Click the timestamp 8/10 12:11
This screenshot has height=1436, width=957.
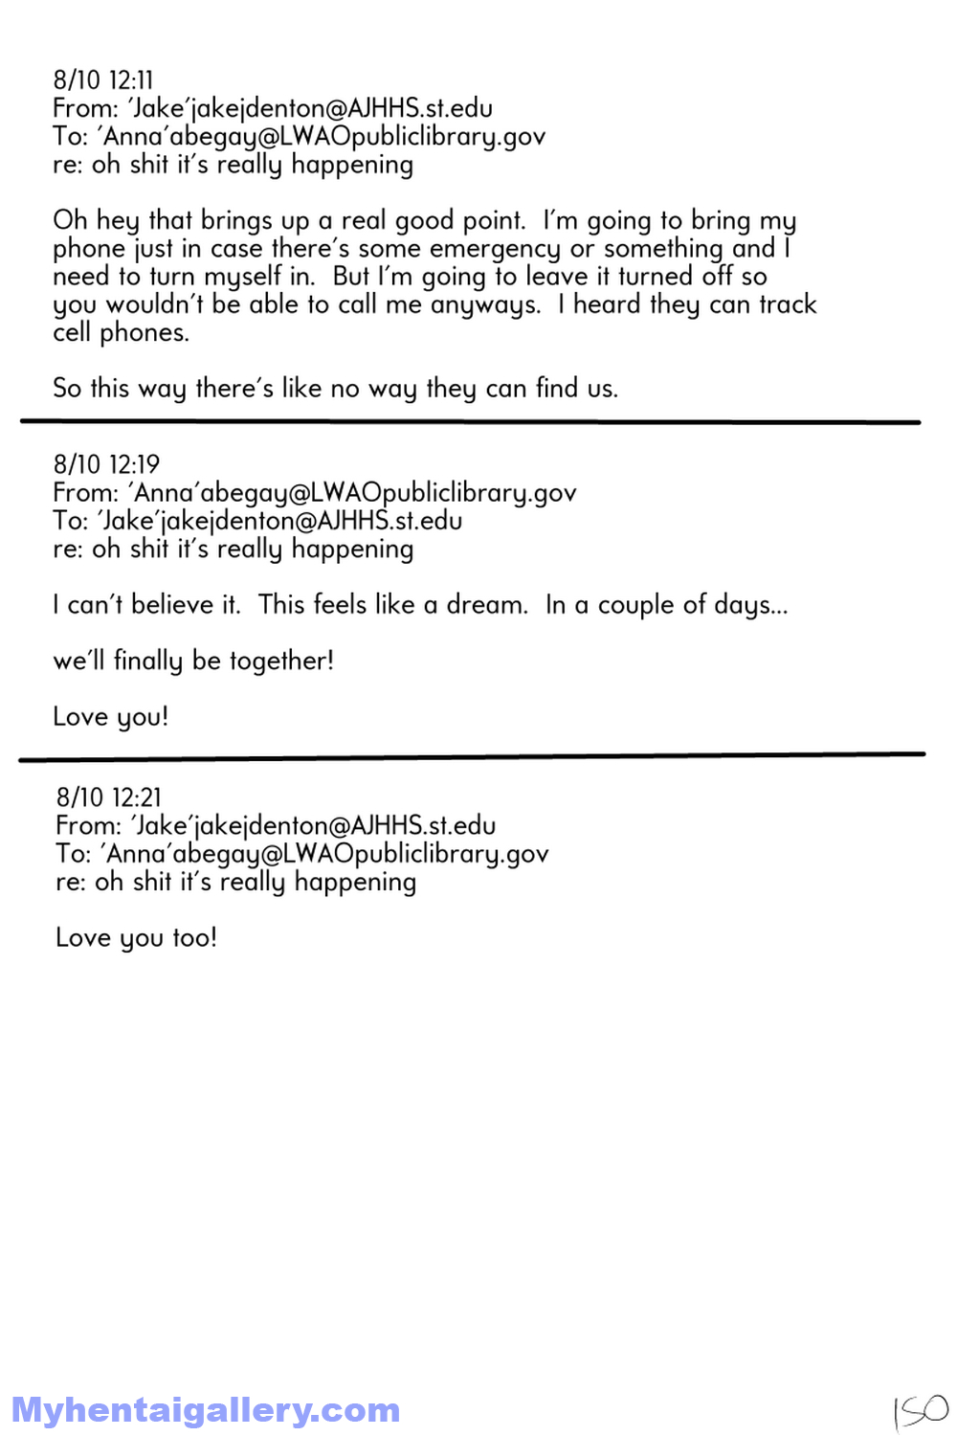tap(103, 80)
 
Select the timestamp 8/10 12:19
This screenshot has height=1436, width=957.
tap(106, 465)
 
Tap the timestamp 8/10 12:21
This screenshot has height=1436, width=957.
tap(109, 798)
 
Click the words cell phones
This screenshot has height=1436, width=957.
tap(121, 333)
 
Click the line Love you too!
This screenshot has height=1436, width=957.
tap(136, 938)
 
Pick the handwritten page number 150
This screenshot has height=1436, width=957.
tap(920, 1410)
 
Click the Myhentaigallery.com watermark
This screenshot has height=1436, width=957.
tap(205, 1410)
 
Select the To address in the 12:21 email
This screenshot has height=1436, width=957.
tap(325, 854)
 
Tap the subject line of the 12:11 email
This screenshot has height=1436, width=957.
tap(233, 166)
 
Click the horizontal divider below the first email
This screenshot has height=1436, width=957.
tap(469, 421)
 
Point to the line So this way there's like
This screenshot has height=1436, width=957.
tap(335, 389)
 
